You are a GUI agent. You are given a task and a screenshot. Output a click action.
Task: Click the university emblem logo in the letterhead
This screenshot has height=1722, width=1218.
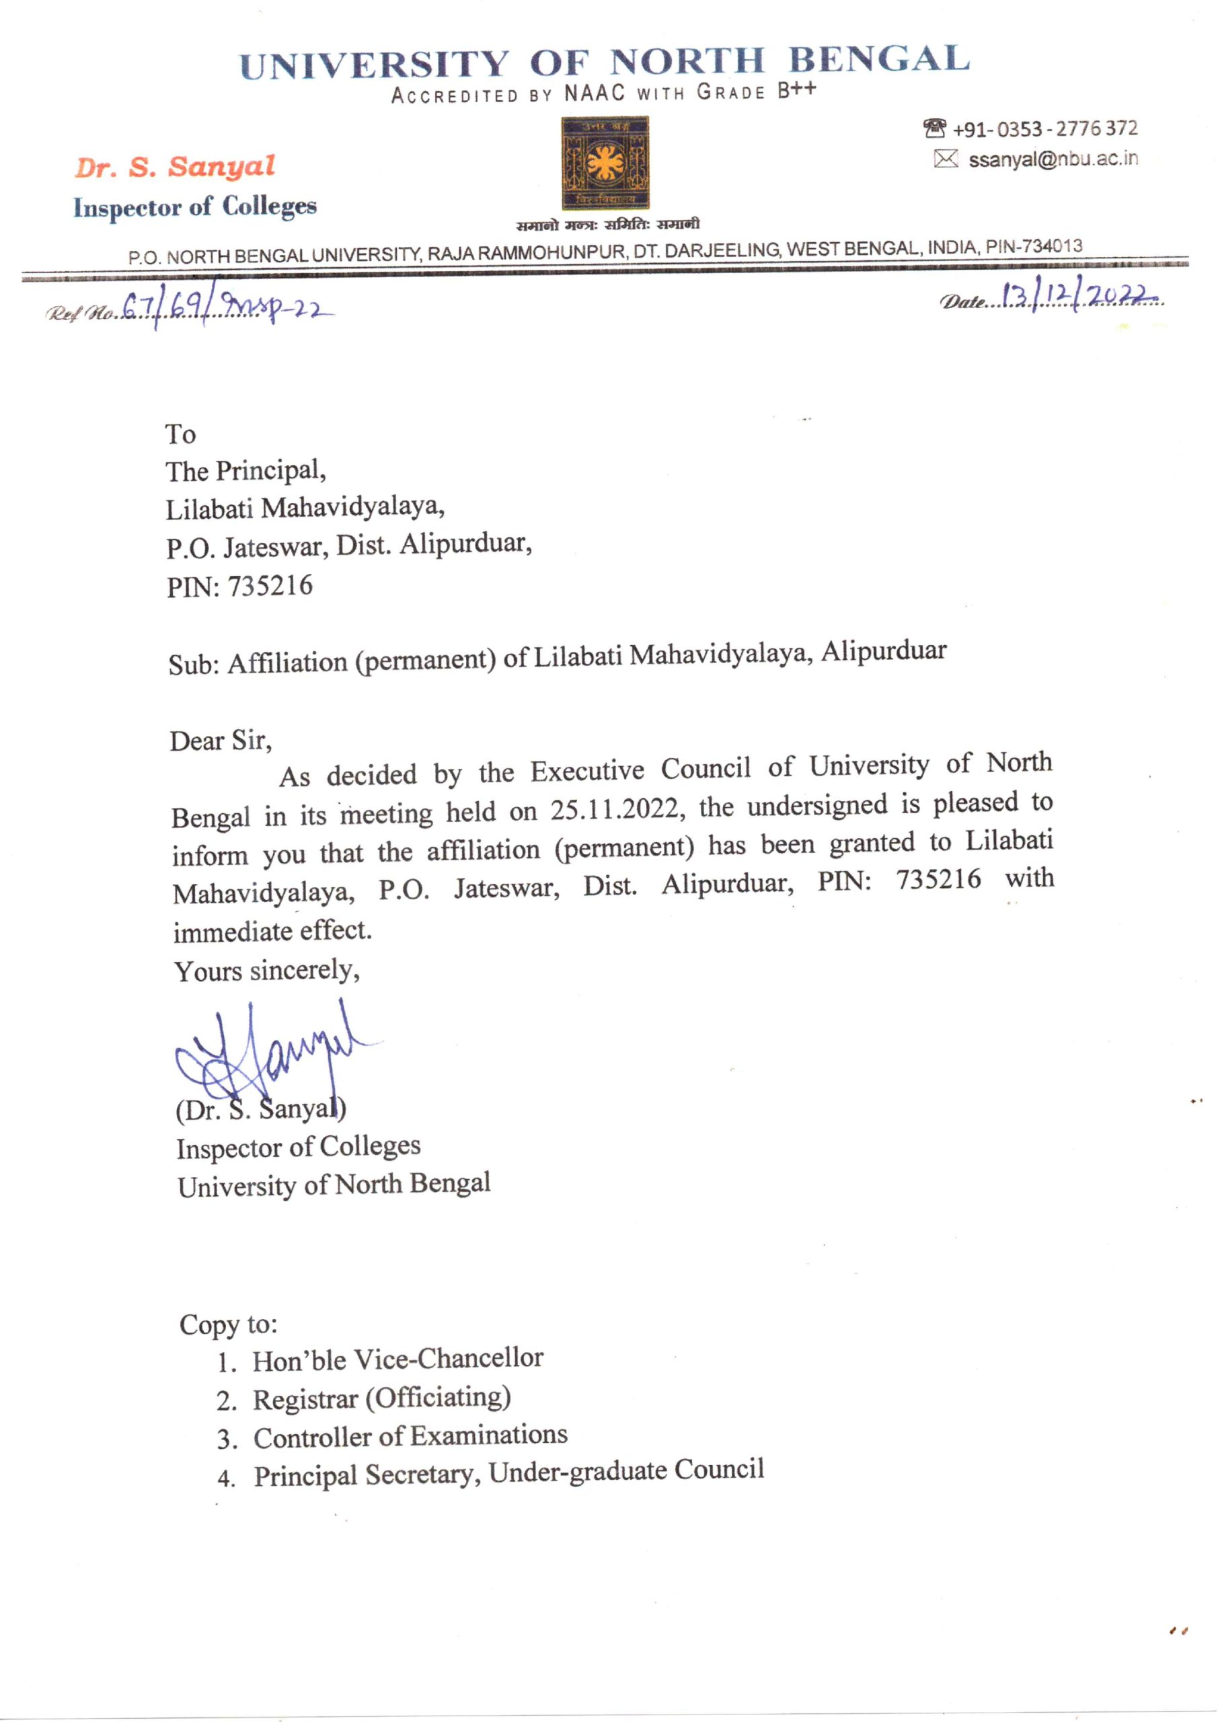(x=606, y=163)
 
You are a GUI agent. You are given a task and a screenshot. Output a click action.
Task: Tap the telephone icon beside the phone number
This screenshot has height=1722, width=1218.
(x=934, y=129)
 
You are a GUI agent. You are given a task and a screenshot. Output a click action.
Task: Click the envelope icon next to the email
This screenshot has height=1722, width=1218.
(x=946, y=159)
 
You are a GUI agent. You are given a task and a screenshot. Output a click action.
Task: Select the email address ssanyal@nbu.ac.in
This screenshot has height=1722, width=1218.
(x=1053, y=159)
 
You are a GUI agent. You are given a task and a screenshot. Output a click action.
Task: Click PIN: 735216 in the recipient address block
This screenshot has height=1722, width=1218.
(x=239, y=586)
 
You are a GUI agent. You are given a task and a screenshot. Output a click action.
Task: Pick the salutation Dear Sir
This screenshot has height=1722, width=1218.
(x=220, y=741)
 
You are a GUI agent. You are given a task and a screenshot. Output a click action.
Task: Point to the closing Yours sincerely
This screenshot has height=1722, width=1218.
(x=266, y=971)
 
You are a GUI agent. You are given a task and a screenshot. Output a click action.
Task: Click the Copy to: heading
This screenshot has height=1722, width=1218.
(x=228, y=1324)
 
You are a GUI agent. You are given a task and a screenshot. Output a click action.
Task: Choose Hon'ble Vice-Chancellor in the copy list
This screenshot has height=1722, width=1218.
(x=397, y=1359)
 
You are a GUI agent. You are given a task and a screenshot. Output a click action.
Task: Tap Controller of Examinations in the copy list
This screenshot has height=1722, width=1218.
(x=410, y=1436)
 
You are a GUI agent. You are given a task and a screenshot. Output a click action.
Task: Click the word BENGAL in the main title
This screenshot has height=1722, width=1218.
(x=878, y=59)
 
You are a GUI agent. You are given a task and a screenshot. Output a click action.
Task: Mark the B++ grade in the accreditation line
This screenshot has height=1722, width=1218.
(x=796, y=90)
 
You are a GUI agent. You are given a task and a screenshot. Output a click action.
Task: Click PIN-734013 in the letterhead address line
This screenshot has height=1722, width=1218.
(x=1034, y=246)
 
